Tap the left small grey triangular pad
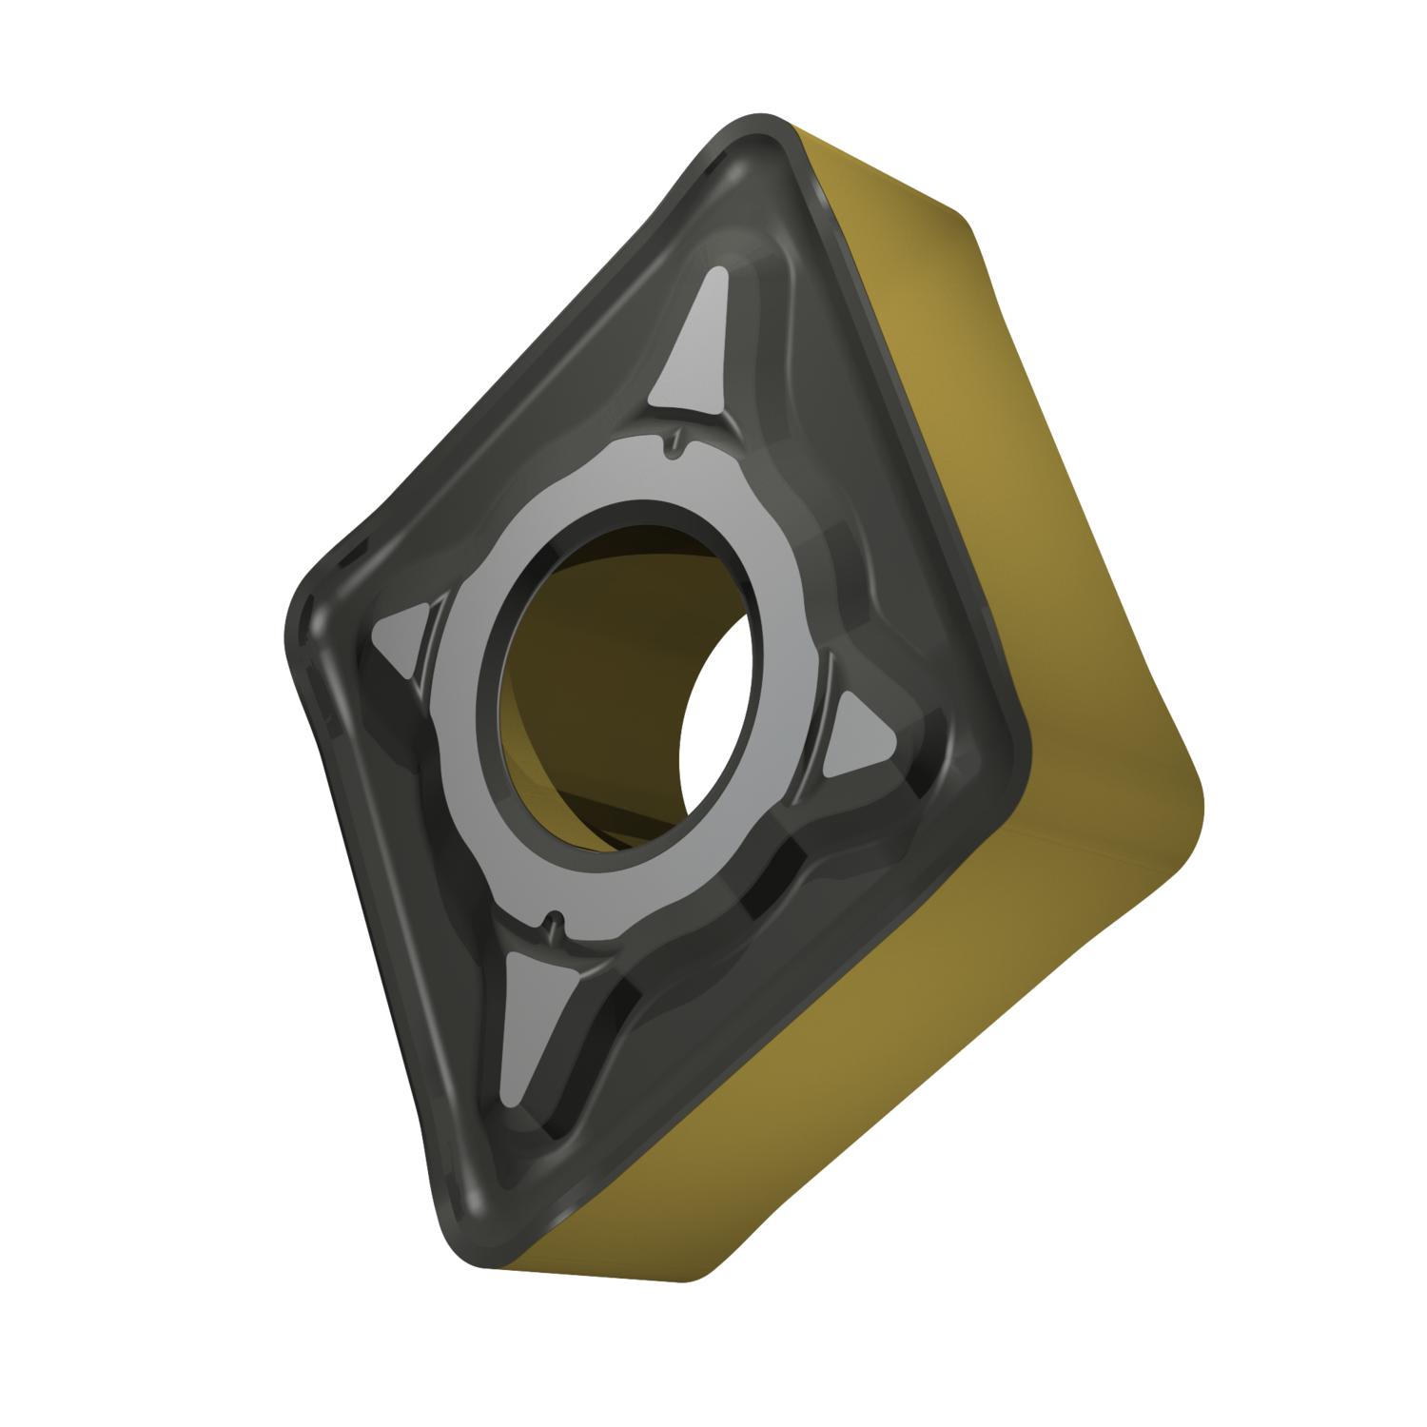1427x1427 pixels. coord(400,640)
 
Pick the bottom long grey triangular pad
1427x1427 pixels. coord(529,1023)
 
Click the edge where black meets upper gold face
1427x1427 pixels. coord(904,428)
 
